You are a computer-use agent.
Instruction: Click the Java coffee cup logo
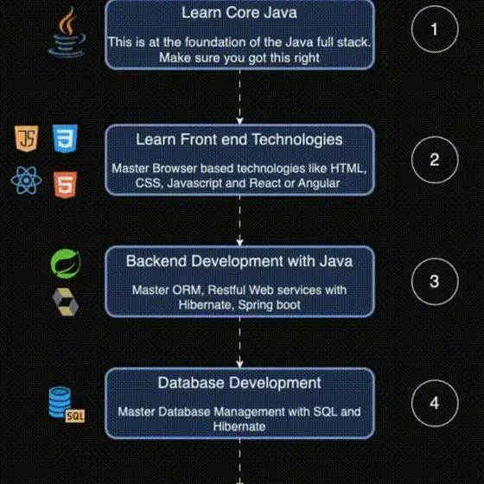tap(67, 33)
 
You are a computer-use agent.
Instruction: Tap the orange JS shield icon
tap(27, 138)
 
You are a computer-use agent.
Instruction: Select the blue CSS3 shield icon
tap(65, 138)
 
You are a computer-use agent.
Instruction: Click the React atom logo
tap(26, 181)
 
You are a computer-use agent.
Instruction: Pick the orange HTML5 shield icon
tap(65, 185)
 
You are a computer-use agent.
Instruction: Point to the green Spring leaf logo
tap(66, 264)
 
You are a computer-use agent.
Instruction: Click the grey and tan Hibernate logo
tap(65, 302)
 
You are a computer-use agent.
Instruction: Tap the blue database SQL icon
tap(67, 404)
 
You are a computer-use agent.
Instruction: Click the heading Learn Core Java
tap(239, 13)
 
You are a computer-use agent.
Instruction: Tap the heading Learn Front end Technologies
tap(239, 139)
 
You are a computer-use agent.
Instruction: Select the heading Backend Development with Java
tap(239, 261)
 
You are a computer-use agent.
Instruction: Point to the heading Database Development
tap(239, 383)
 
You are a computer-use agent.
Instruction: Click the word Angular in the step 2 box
tap(319, 183)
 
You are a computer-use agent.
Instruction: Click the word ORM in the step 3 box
tap(188, 290)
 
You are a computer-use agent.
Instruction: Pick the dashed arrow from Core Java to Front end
tap(240, 97)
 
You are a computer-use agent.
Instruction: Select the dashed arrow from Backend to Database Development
tap(240, 342)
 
